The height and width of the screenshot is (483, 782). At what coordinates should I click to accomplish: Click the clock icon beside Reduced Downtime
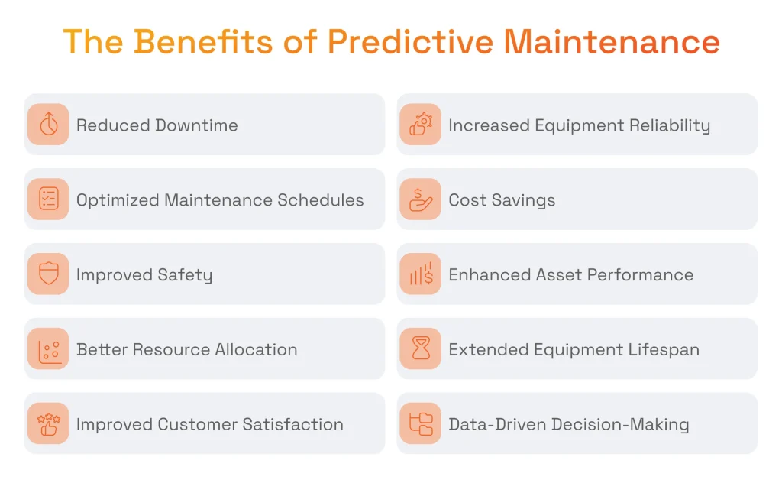point(48,125)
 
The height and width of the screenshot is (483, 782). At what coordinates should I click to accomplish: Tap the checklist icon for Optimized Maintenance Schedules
point(48,199)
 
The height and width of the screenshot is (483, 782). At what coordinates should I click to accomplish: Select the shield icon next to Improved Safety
point(48,274)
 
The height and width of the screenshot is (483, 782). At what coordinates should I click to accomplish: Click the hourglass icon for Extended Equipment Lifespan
point(421,349)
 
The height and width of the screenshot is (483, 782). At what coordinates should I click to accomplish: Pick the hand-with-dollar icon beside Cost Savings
point(421,199)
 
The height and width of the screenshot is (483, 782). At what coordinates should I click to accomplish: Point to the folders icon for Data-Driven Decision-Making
point(421,424)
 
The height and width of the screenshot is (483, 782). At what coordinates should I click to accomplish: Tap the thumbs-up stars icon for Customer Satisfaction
point(48,424)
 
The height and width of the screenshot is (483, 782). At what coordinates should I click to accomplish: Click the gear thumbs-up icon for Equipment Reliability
point(421,125)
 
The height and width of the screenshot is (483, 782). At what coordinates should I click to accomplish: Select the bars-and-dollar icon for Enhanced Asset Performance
point(421,274)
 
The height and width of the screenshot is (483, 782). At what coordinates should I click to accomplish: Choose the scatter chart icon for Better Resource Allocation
point(48,349)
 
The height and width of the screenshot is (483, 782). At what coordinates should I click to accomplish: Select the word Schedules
point(321,200)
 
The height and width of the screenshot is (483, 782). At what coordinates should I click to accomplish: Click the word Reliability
point(667,125)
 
